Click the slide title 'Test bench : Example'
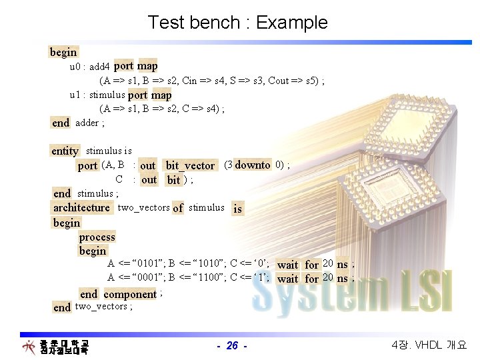[x=238, y=23]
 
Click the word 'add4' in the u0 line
[x=99, y=67]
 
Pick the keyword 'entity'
[x=65, y=151]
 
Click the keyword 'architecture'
[x=81, y=207]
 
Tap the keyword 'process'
[x=97, y=237]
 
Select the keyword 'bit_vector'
[x=190, y=165]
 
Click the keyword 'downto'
[x=253, y=165]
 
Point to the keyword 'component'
[x=130, y=294]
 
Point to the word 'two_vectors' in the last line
[x=101, y=307]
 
